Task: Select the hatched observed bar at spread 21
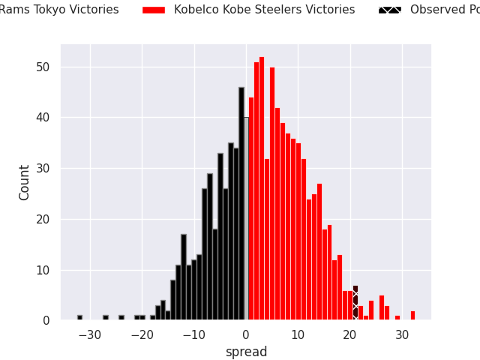(x=355, y=303)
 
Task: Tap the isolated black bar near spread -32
(x=79, y=317)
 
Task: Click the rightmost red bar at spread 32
(x=412, y=316)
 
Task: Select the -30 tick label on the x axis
(x=89, y=334)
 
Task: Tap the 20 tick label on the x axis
(x=350, y=334)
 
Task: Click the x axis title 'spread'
(x=246, y=352)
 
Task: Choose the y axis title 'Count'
(x=25, y=182)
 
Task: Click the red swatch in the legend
(x=153, y=10)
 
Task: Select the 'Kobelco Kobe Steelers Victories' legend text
(x=264, y=10)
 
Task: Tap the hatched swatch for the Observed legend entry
(x=389, y=10)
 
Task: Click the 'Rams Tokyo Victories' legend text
(x=59, y=10)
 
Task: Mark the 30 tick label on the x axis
(x=402, y=334)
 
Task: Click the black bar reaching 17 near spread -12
(x=184, y=277)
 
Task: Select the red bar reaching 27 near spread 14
(x=319, y=252)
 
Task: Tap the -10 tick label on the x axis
(x=193, y=334)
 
